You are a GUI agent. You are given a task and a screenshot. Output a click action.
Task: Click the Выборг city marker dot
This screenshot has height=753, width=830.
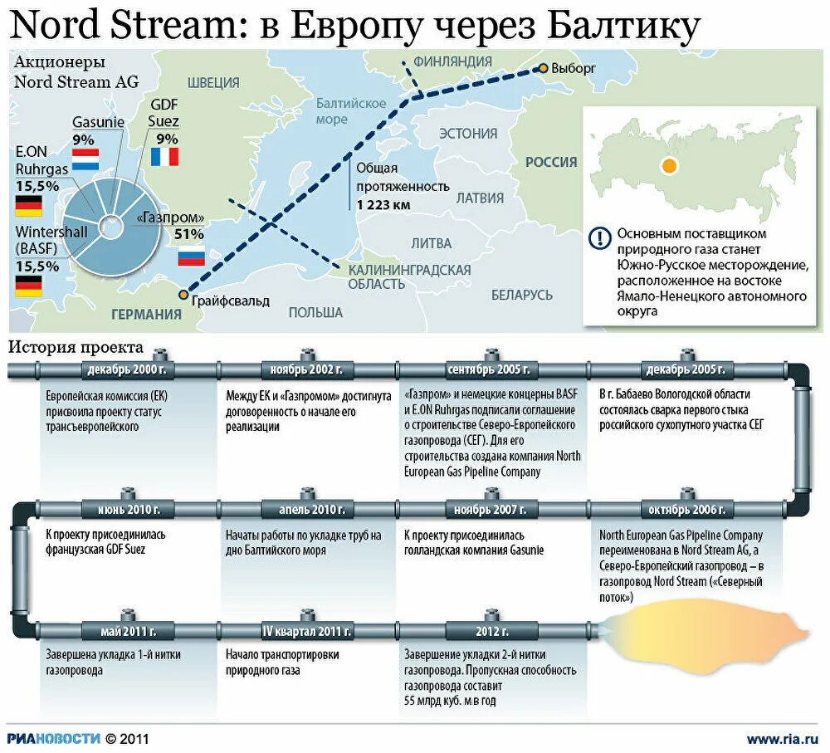[543, 68]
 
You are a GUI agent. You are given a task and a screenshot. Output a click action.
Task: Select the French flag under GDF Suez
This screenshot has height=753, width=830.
[164, 156]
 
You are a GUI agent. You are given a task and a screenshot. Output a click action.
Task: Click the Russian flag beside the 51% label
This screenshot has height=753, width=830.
[191, 255]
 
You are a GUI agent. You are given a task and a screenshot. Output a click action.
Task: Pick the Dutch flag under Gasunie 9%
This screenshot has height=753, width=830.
[85, 155]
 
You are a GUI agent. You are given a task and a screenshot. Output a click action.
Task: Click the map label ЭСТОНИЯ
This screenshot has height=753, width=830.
[468, 134]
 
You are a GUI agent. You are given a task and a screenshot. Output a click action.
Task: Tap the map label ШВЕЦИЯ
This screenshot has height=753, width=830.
[213, 82]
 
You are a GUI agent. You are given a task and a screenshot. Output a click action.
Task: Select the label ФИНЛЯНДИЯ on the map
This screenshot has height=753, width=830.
[452, 61]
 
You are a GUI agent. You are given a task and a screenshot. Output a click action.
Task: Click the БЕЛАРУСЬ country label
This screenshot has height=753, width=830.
[521, 295]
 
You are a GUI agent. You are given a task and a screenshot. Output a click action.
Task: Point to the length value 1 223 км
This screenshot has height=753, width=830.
[383, 205]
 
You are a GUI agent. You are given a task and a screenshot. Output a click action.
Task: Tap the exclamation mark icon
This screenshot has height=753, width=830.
[598, 238]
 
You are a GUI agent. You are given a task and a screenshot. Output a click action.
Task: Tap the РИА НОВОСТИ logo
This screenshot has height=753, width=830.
[54, 737]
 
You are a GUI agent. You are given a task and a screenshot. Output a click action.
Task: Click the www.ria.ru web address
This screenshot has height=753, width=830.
[782, 737]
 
